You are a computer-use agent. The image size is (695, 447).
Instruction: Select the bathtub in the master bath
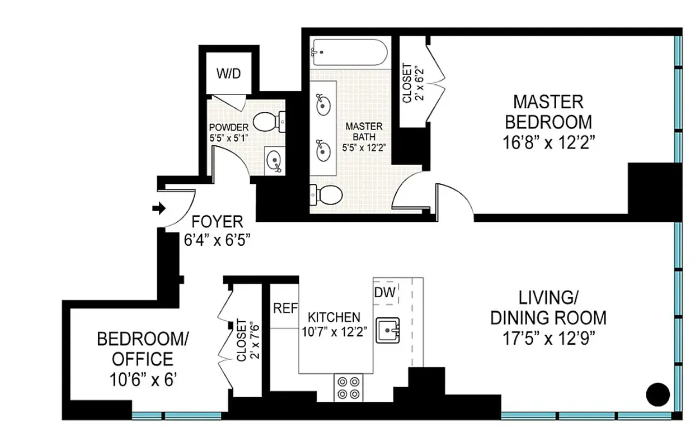pos(349,53)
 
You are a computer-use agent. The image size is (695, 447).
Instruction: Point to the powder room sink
pos(274,161)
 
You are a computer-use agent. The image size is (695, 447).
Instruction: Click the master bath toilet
pos(326,194)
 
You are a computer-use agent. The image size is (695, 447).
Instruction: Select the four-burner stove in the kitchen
pos(348,387)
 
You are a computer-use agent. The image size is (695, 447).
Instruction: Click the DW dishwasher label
pos(385,292)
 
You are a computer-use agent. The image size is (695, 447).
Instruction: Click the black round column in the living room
pos(658,394)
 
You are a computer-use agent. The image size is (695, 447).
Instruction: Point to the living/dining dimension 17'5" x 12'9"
pos(548,339)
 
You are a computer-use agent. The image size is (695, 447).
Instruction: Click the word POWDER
pos(228,127)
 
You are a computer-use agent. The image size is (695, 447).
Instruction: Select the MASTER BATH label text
pos(356,132)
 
